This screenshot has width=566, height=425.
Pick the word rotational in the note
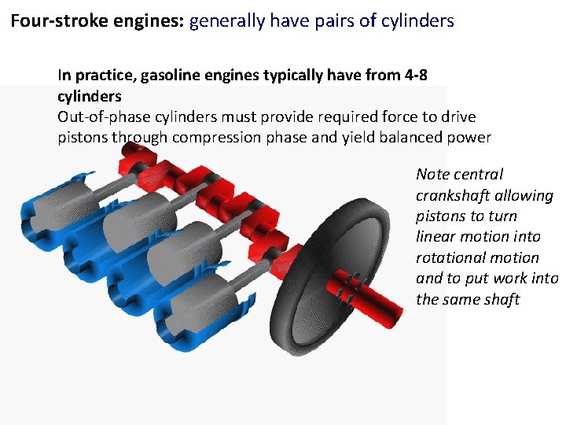[x=450, y=258]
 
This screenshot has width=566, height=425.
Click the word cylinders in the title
[x=418, y=20]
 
